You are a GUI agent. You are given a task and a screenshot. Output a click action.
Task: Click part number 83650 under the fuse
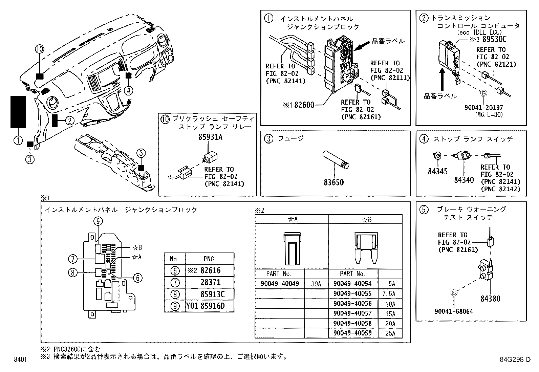(333, 182)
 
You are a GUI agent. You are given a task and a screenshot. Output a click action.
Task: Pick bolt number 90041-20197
(484, 108)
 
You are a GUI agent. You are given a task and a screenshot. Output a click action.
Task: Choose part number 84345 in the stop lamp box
(437, 172)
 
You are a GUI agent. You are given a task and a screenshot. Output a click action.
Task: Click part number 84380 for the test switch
(490, 299)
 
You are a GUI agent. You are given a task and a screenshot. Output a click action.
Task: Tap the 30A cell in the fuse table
(316, 284)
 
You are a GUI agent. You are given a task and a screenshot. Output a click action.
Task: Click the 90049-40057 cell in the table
(352, 314)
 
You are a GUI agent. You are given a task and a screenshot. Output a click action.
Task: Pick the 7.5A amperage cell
(390, 294)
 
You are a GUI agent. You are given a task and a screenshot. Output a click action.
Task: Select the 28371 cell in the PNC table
(210, 282)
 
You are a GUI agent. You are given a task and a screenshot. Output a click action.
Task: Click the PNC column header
(209, 259)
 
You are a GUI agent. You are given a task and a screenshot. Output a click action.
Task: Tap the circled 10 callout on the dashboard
(40, 49)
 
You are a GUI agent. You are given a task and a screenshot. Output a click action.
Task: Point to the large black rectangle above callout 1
(18, 112)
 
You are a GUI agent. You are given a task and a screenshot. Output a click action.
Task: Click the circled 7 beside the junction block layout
(73, 259)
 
